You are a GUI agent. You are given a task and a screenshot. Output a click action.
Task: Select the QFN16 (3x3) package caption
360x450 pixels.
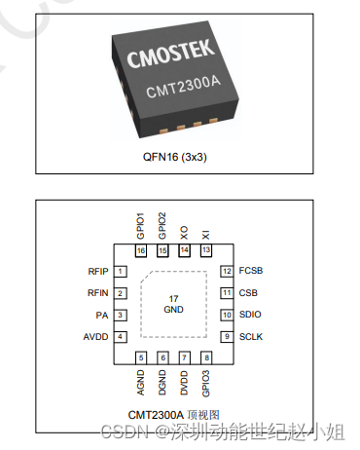(x=179, y=155)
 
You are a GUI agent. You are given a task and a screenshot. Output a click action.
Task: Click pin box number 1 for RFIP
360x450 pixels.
(x=121, y=271)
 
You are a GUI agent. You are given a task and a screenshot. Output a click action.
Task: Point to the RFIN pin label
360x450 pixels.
(x=97, y=292)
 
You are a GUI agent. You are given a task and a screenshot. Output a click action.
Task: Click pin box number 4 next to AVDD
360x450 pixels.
(x=121, y=337)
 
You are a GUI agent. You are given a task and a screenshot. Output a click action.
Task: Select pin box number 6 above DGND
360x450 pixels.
(x=163, y=358)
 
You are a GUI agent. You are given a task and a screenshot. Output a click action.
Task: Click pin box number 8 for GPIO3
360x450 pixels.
(x=205, y=358)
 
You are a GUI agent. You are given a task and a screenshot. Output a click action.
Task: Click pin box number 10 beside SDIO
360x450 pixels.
(x=227, y=315)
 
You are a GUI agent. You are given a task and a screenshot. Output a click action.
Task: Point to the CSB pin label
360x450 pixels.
(x=248, y=292)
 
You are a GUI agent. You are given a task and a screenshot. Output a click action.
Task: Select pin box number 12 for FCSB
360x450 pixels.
(x=227, y=271)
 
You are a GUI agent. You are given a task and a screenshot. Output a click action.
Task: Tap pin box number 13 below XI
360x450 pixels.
(x=205, y=250)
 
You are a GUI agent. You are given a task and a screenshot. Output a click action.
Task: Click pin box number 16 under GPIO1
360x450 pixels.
(x=142, y=250)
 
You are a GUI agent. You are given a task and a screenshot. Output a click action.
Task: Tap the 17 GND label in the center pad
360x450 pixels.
(x=173, y=303)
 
